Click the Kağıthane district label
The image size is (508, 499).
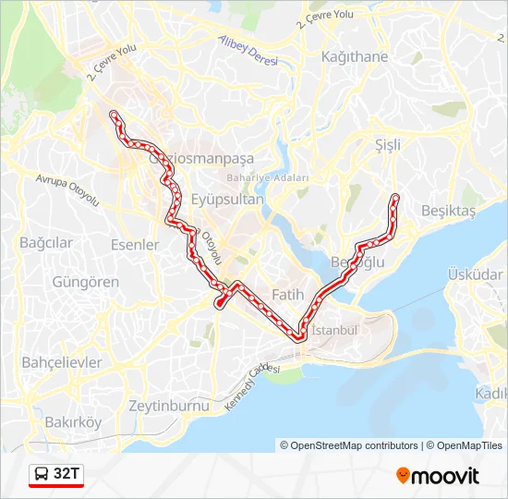355,56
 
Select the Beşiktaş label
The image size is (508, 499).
448,211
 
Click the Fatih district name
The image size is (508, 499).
287,295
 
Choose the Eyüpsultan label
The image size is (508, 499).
227,199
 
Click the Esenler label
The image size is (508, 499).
135,245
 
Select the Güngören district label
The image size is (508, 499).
86,281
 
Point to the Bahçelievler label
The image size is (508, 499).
62,361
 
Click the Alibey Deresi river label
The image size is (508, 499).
248,52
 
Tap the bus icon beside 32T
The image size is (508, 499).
42,475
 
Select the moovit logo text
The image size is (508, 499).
445,476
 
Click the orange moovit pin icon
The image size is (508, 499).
403,476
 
